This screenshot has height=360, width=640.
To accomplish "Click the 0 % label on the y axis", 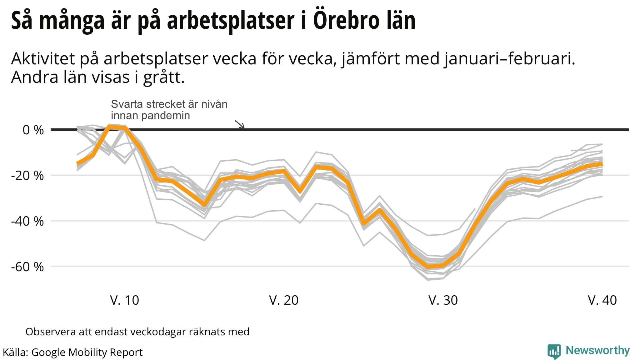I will click(x=33, y=130).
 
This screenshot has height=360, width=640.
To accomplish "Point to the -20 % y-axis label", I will click(x=27, y=176).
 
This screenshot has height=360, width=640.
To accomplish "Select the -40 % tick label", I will click(x=27, y=221).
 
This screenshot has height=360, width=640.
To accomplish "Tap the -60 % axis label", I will click(x=27, y=267).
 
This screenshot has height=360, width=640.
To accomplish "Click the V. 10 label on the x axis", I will click(x=124, y=300).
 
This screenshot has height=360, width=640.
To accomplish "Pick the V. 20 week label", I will click(x=284, y=300).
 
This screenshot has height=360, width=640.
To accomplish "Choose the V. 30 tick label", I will click(x=443, y=300).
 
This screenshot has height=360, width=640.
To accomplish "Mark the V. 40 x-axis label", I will click(x=602, y=300).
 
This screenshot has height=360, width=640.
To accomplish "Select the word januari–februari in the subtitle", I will click(x=509, y=59).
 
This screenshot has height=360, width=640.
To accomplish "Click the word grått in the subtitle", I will click(x=164, y=77).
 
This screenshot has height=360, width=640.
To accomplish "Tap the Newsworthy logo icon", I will click(x=554, y=352).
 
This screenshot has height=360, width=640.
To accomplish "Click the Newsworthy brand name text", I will click(x=597, y=351).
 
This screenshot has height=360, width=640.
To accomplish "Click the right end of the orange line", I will click(x=602, y=164).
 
